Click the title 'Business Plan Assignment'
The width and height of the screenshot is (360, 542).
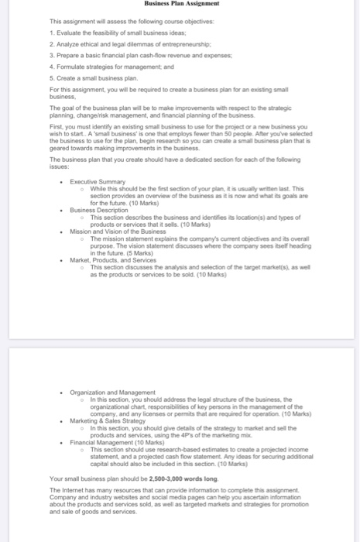coord(179,4)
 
